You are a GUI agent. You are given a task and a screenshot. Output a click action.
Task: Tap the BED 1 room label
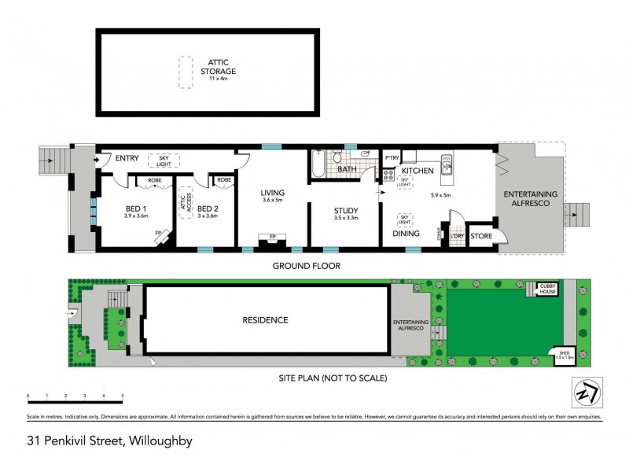point(136,210)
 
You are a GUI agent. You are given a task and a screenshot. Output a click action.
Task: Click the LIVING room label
point(273,193)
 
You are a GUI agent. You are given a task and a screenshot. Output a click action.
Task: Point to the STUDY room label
point(346,211)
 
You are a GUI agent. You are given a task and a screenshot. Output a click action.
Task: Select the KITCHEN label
point(417,170)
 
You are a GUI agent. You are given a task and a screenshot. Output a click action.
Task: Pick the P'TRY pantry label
point(392,159)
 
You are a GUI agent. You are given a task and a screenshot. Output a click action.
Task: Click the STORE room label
point(481,236)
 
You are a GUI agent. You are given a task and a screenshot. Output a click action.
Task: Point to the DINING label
point(406,233)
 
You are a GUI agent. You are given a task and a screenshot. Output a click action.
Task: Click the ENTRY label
point(127,158)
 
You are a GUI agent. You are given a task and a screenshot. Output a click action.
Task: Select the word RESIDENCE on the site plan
point(264,320)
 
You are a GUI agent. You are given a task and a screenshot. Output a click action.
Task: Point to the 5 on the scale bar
point(122,396)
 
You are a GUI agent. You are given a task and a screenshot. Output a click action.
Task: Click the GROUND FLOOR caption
point(307,266)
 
